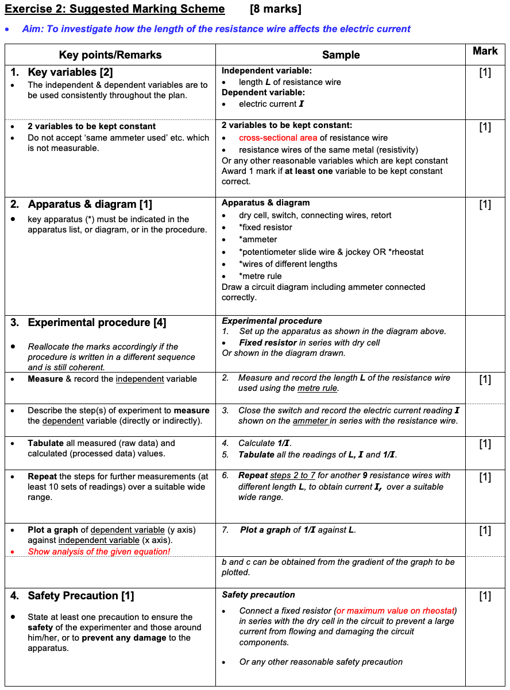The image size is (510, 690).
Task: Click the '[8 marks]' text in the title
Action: click(x=276, y=9)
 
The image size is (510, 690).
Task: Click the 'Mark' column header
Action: click(x=485, y=51)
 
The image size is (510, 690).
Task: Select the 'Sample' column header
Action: click(x=341, y=55)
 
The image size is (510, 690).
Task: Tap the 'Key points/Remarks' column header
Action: click(x=110, y=55)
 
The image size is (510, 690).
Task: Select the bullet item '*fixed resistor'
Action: click(x=265, y=227)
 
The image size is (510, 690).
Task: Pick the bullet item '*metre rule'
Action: click(x=260, y=276)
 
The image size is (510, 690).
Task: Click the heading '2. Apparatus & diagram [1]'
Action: click(x=81, y=204)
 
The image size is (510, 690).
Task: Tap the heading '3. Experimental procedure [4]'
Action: click(x=88, y=323)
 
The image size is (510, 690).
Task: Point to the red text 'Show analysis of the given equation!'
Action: click(x=99, y=552)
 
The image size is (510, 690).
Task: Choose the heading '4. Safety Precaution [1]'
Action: click(x=72, y=596)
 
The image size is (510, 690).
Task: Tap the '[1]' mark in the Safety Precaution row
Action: click(x=485, y=596)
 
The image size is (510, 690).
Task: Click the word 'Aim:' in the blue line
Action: click(x=33, y=29)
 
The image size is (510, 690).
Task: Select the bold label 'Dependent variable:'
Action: click(x=263, y=92)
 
